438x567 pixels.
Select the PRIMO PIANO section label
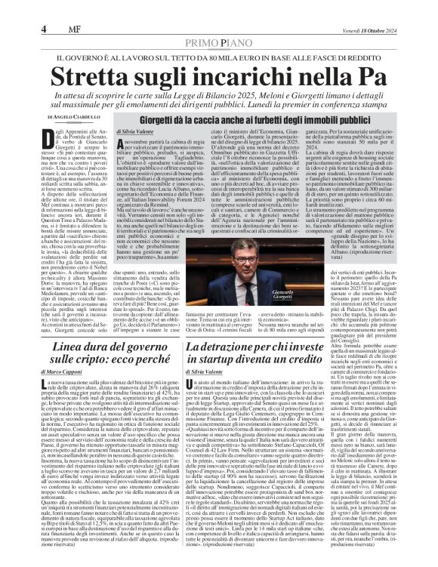click(x=218, y=23)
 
